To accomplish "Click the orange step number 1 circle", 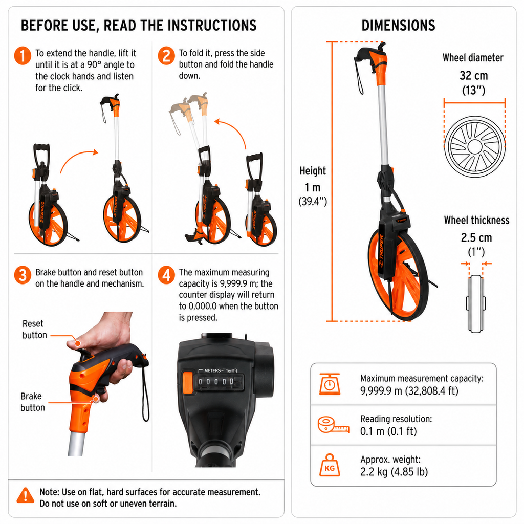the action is (x=23, y=55).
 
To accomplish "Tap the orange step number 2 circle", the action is (x=166, y=55).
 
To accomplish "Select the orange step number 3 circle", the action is (x=23, y=275).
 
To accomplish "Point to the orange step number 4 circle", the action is (x=166, y=275).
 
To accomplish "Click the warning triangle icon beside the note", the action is (x=26, y=495).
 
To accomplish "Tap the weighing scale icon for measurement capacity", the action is (x=330, y=384).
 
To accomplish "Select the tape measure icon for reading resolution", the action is (x=333, y=425).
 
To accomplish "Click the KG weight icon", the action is (x=330, y=465).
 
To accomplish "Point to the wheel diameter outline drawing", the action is (x=475, y=147).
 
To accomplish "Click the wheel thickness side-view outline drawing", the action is (x=476, y=304).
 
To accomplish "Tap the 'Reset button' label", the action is (x=34, y=329).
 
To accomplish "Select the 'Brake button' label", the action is (x=32, y=402).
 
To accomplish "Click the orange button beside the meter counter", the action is (x=187, y=383).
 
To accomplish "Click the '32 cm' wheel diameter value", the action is (x=473, y=76).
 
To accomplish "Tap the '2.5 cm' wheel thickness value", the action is (x=476, y=238).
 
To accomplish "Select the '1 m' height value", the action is (x=313, y=187).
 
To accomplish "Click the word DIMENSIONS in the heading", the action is (x=398, y=26).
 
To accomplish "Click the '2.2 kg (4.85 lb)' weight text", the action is (x=394, y=472).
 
